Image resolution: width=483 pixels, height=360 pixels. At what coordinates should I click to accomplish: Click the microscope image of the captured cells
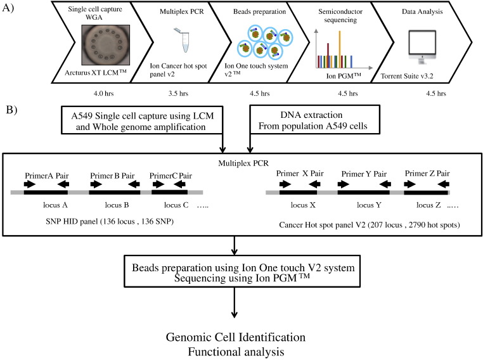106,45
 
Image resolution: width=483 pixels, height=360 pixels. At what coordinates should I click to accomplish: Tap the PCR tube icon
183,40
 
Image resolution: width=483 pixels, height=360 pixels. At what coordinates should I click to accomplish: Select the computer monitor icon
422,47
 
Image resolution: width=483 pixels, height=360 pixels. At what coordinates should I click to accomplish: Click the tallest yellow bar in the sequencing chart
340,49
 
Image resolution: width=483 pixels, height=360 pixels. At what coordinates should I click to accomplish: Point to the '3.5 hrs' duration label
178,93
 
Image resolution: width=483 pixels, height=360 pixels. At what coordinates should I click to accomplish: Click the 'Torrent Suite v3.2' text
407,76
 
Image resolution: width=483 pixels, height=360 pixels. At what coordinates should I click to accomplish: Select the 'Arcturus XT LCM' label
96,73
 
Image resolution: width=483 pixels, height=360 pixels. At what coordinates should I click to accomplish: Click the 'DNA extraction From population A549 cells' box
315,120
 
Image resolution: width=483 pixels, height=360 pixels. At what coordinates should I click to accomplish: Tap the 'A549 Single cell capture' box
142,120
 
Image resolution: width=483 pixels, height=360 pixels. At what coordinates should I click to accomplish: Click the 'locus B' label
117,205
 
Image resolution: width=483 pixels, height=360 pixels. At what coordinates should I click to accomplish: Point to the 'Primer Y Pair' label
364,174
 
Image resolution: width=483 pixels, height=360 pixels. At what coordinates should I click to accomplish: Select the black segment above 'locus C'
169,192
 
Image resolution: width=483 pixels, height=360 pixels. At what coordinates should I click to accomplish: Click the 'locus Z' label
428,205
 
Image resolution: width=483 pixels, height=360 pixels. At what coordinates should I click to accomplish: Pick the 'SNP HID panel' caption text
110,221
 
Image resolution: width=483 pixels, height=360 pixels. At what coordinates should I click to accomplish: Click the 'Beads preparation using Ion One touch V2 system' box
242,271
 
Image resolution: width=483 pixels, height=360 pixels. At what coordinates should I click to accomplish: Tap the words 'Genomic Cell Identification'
236,337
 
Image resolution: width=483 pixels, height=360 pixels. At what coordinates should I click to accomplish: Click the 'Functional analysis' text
236,352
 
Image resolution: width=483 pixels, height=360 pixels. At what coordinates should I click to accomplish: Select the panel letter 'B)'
11,110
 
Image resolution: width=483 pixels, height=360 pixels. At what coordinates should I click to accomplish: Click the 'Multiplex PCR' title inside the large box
243,164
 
